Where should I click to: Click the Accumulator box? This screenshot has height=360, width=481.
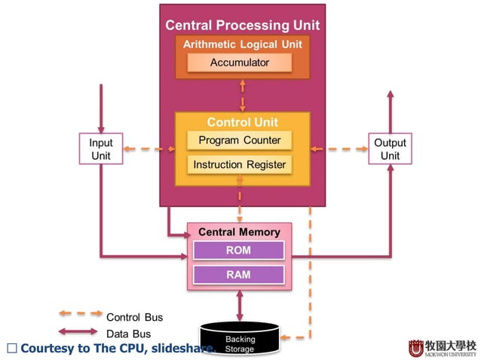point(239,63)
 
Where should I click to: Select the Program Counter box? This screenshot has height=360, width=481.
point(239,140)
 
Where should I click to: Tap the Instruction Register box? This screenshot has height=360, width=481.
point(239,164)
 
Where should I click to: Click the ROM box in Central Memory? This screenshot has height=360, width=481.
point(238,250)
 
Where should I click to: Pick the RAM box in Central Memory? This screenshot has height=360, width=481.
point(238,275)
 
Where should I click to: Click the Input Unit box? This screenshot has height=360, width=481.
point(101,149)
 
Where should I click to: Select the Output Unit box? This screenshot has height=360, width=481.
point(390,149)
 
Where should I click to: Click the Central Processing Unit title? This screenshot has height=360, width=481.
point(242,26)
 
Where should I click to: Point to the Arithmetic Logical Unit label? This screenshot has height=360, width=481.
point(242,44)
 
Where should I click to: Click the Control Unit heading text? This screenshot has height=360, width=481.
point(242,122)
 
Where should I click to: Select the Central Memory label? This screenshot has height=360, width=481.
point(239,232)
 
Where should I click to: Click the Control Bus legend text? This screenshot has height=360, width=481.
point(134,317)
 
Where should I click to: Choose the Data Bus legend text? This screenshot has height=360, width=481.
point(128,334)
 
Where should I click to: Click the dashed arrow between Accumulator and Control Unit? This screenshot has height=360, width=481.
point(242,95)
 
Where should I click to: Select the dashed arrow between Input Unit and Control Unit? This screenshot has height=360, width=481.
point(149,149)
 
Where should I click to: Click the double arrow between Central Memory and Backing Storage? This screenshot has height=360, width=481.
point(240,306)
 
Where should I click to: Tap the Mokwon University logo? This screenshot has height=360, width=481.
point(442,347)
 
